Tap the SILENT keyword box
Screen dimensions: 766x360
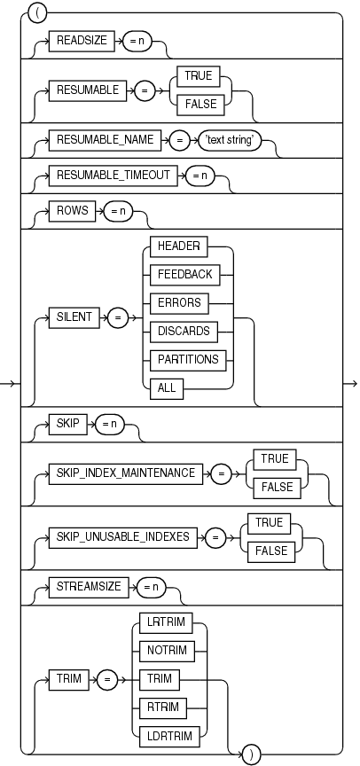coord(74,316)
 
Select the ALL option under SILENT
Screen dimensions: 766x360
coord(167,387)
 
